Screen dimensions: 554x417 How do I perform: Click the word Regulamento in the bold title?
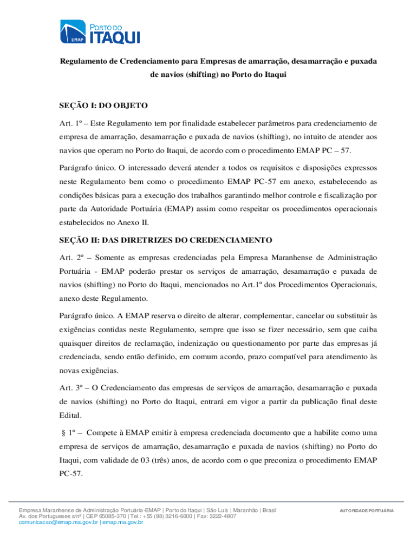82,62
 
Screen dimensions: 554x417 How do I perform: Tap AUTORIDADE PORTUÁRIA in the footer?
367,511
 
